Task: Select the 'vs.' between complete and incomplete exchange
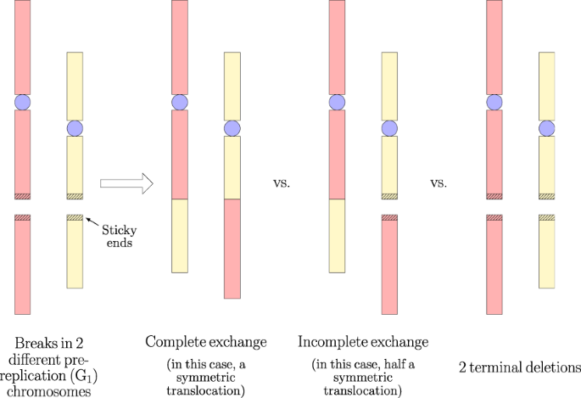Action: click(x=282, y=182)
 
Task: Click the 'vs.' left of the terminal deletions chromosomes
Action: click(x=439, y=182)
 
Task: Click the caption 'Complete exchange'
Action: click(x=206, y=342)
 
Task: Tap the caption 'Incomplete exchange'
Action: click(x=363, y=342)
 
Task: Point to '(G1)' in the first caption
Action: click(x=73, y=374)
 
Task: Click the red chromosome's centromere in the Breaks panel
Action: click(x=22, y=102)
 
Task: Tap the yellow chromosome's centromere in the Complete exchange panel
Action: click(x=232, y=128)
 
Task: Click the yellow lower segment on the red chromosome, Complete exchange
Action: click(x=179, y=236)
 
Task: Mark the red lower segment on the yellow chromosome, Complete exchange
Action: click(x=232, y=249)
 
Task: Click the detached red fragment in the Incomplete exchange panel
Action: click(x=389, y=264)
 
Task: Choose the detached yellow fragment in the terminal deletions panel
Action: click(x=548, y=251)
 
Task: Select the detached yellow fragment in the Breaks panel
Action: click(x=75, y=251)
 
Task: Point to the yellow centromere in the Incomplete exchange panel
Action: click(x=389, y=128)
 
